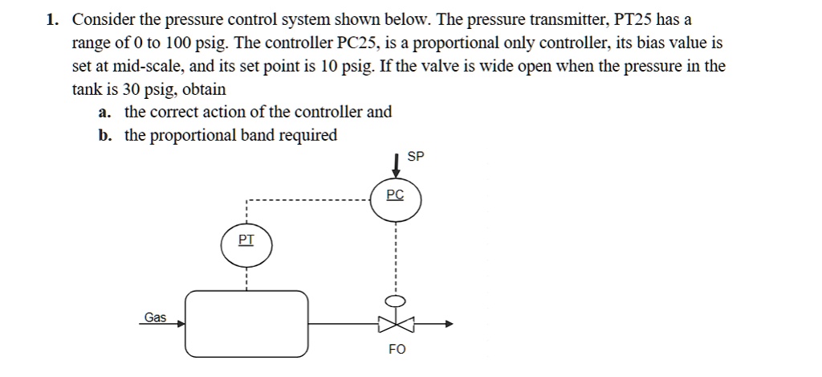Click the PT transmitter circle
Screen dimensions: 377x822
(246, 245)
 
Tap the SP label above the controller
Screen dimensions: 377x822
(415, 158)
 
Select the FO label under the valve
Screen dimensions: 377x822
(397, 349)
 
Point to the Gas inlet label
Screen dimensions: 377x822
(155, 318)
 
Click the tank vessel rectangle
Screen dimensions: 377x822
(246, 323)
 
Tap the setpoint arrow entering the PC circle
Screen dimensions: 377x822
(396, 165)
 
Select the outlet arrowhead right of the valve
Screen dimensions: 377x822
(448, 324)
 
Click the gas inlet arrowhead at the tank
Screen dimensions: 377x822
(181, 324)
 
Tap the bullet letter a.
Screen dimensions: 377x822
(104, 113)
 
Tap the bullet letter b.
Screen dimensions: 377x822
(104, 135)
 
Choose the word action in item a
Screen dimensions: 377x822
(244, 113)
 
